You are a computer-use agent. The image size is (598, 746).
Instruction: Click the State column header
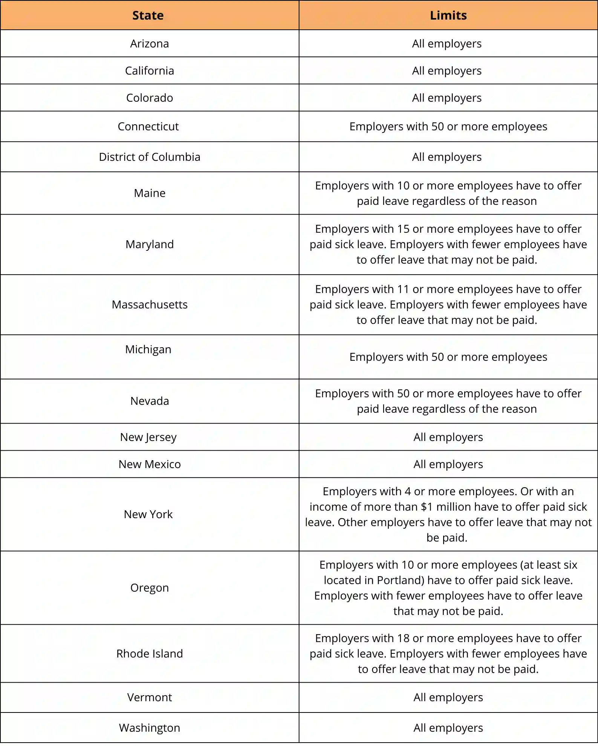(148, 15)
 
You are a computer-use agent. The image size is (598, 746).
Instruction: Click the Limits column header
(448, 15)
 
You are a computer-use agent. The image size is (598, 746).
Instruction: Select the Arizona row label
(150, 44)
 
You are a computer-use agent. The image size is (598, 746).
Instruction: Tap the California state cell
(150, 71)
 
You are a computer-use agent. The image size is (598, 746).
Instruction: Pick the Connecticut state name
(148, 127)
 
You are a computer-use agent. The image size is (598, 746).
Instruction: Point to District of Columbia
(150, 157)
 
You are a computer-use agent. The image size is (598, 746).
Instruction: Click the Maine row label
(150, 193)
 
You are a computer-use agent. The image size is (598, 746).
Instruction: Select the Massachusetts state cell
(150, 305)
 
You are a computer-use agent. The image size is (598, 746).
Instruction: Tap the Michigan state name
(148, 349)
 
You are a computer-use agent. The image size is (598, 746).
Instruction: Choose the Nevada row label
(150, 401)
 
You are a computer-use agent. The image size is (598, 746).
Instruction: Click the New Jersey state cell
(148, 437)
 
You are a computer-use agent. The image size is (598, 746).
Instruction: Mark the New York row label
(148, 514)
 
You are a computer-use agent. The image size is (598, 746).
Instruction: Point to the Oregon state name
(150, 588)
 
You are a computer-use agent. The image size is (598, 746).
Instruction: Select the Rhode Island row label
(150, 654)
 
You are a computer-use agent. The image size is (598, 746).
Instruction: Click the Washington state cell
(150, 728)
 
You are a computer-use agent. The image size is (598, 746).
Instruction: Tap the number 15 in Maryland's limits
(403, 229)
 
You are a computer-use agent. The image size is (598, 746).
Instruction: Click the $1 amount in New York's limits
(427, 507)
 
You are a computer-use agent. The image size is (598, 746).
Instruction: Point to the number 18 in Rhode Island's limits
(403, 638)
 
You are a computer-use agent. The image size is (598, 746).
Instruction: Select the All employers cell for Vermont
(448, 697)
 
